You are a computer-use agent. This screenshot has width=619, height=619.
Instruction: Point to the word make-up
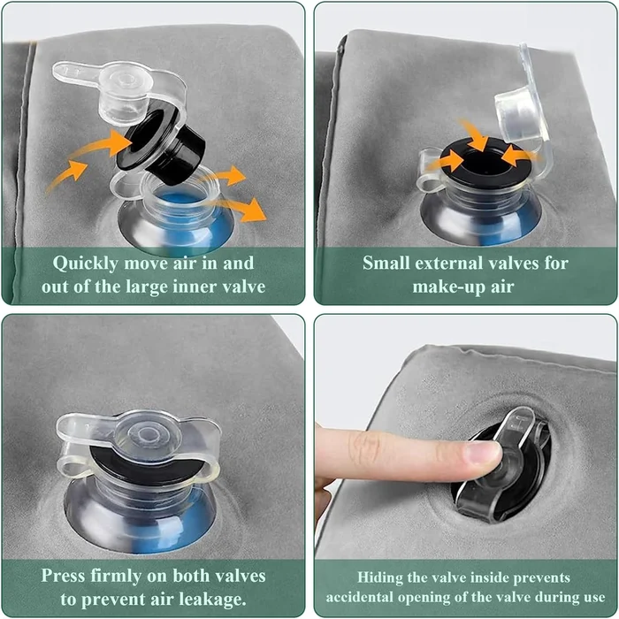click(x=444, y=286)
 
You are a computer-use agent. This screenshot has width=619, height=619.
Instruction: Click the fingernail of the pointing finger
click(x=483, y=455)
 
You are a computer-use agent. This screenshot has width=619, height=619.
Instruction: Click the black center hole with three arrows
click(x=481, y=162)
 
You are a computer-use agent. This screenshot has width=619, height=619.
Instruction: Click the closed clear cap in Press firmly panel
click(x=140, y=436)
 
